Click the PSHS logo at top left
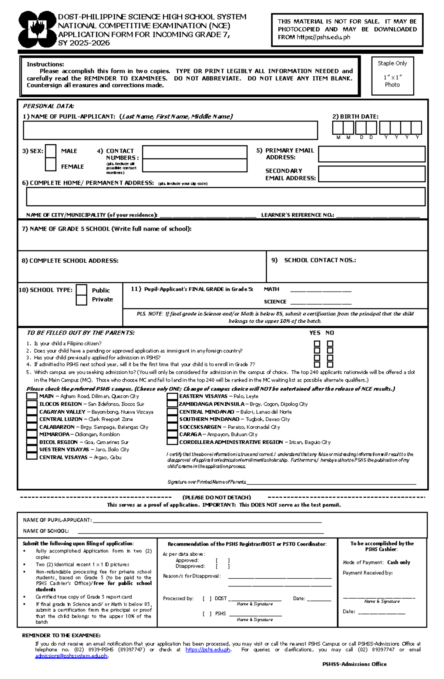[37, 30]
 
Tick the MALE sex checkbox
[51, 151]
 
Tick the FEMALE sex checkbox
[51, 165]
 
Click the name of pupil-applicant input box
[170, 130]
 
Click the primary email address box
[371, 154]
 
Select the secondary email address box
[371, 174]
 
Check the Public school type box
[81, 290]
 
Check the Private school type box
[81, 300]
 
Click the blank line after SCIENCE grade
[320, 302]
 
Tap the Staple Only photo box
[392, 75]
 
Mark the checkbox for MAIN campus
[32, 396]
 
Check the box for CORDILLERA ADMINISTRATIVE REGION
[172, 442]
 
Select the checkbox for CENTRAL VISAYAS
[32, 457]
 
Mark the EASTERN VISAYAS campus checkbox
[172, 396]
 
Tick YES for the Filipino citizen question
[317, 344]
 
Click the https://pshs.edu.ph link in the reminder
[208, 649]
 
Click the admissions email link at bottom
[71, 656]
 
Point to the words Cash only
[398, 562]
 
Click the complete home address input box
[225, 196]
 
